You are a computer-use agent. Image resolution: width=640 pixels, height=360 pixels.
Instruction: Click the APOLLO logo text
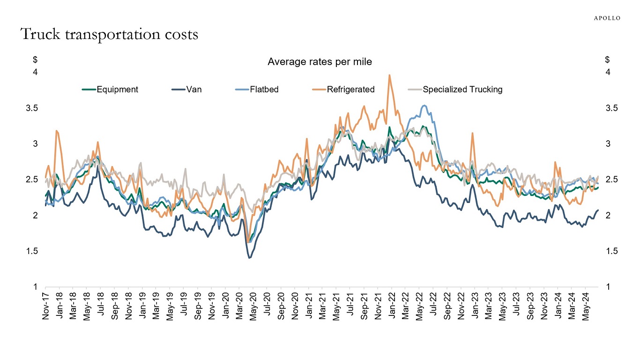tap(607, 18)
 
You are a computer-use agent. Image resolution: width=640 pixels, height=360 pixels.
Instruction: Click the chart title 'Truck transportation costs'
tap(109, 35)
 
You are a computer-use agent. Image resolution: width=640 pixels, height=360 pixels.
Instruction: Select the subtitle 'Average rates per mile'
tap(320, 62)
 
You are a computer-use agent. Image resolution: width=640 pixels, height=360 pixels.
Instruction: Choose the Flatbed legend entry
tap(263, 90)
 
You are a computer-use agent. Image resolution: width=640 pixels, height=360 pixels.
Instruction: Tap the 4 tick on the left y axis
tap(35, 73)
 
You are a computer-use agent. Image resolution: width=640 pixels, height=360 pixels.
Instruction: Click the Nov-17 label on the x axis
tap(45, 307)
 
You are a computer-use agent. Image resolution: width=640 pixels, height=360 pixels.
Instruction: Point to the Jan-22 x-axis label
tap(392, 307)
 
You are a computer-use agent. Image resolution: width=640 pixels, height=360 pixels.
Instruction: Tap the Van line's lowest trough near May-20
tap(249, 258)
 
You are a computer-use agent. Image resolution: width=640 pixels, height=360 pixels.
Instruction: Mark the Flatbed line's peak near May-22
tap(424, 105)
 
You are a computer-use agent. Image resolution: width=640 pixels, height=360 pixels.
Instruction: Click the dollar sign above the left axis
tap(35, 60)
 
